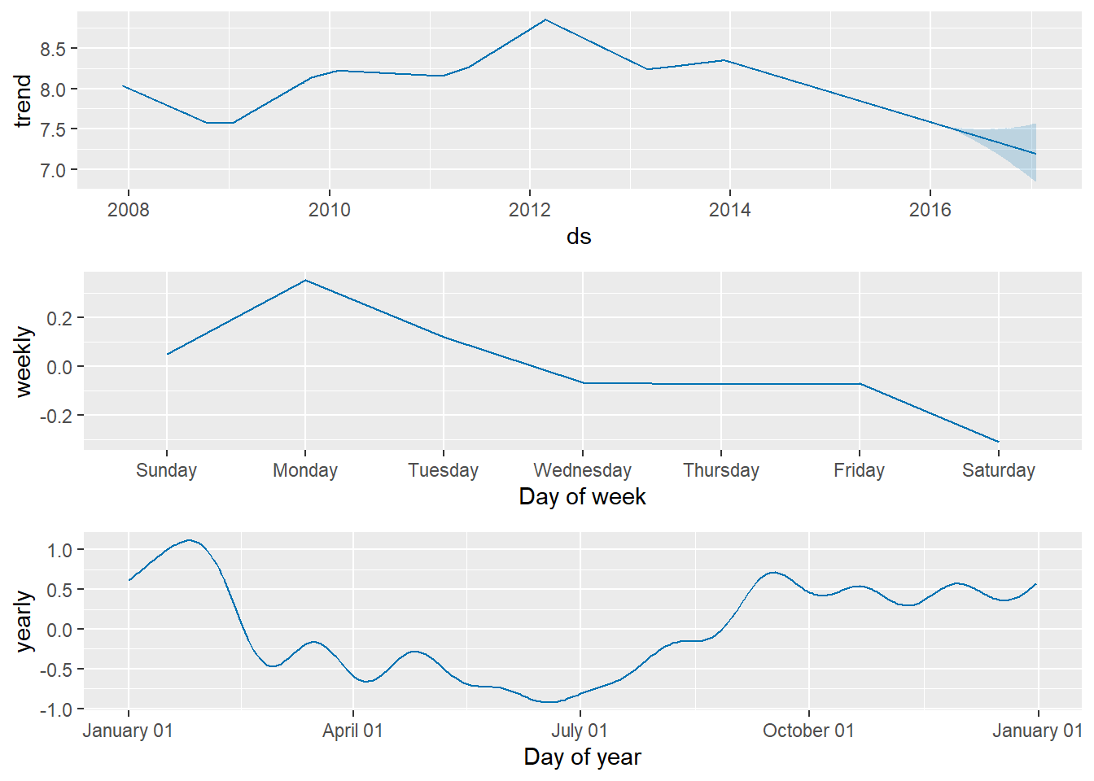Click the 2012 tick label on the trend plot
pos(529,210)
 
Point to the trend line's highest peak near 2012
pos(545,20)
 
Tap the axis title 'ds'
pos(579,237)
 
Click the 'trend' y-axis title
pos(23,100)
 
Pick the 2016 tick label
pos(930,210)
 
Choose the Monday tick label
pos(305,470)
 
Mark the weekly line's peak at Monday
pos(305,281)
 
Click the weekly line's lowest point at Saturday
pos(998,442)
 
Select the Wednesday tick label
pos(582,470)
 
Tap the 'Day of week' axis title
pos(582,497)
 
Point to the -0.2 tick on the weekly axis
pos(59,416)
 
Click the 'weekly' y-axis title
pos(23,361)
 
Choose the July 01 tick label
pos(580,731)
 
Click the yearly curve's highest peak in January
pos(189,540)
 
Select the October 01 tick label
pos(808,731)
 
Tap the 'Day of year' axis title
pos(582,757)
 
